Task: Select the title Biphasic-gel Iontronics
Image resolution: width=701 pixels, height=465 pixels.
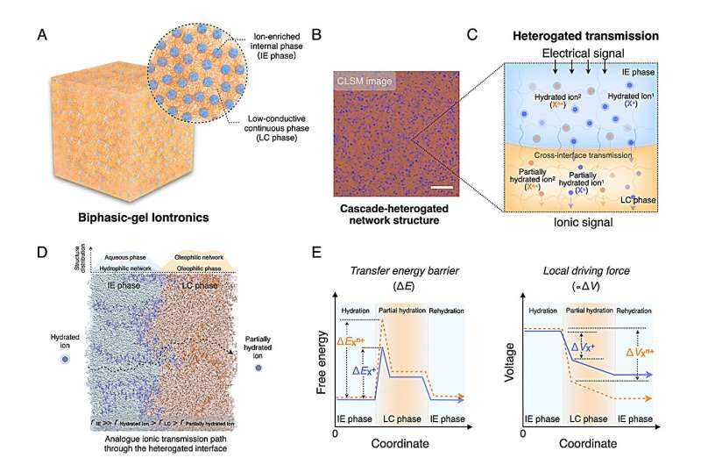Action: pyautogui.click(x=133, y=216)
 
